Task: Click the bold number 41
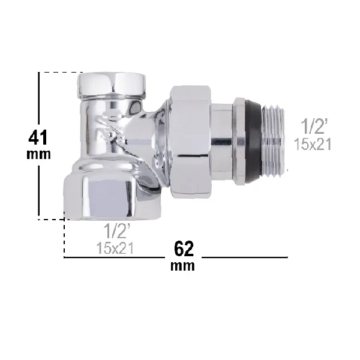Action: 38,137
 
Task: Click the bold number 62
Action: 184,248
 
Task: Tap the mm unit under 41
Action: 38,154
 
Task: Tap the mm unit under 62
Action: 182,266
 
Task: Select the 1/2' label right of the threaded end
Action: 313,127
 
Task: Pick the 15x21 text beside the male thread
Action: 313,145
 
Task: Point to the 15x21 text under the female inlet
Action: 115,248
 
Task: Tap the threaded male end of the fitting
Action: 274,140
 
